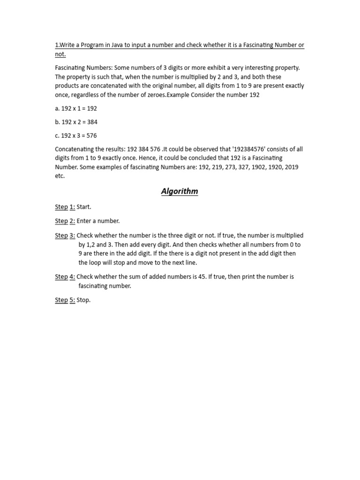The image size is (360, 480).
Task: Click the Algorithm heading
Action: click(180, 191)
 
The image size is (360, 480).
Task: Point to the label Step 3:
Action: click(65, 235)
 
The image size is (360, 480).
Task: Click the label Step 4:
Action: click(65, 277)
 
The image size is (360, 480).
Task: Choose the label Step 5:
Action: click(65, 300)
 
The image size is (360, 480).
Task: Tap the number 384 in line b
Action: click(91, 122)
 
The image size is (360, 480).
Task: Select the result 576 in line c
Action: click(91, 135)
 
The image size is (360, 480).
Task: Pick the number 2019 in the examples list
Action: click(291, 167)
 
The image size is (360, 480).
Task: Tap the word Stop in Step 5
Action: click(83, 300)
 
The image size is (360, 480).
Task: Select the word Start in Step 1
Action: click(84, 207)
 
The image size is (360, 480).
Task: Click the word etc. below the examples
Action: click(60, 176)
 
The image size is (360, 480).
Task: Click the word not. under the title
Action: click(60, 54)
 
